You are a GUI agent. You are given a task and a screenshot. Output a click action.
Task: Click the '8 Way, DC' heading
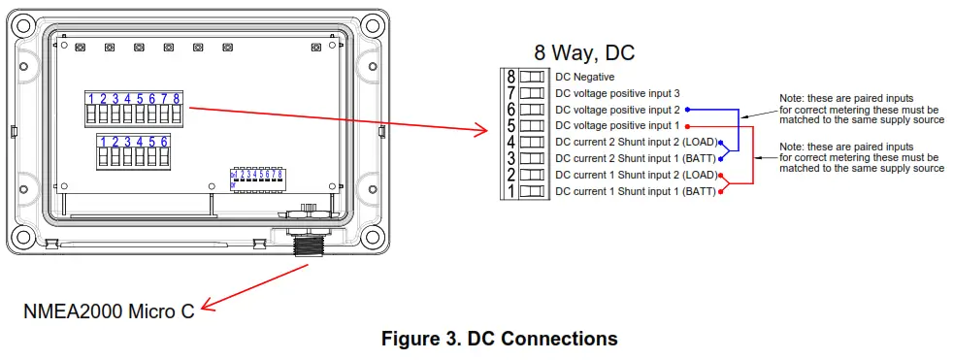click(583, 52)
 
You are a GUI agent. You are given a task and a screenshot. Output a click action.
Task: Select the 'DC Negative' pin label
click(584, 77)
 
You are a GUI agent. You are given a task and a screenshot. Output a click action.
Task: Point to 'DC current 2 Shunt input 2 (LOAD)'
click(635, 143)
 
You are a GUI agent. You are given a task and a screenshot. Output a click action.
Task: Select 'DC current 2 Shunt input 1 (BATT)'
click(635, 159)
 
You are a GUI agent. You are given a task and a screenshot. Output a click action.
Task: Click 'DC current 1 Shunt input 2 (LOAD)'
click(635, 176)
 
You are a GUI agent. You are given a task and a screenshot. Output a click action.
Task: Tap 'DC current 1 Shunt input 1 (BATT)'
click(635, 192)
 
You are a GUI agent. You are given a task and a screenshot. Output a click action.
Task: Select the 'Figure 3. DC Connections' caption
click(499, 339)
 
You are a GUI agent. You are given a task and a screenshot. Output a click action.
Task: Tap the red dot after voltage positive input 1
click(686, 126)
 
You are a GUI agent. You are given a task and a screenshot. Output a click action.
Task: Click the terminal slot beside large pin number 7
click(531, 93)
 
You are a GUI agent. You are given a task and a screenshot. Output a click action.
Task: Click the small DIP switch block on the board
click(256, 178)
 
